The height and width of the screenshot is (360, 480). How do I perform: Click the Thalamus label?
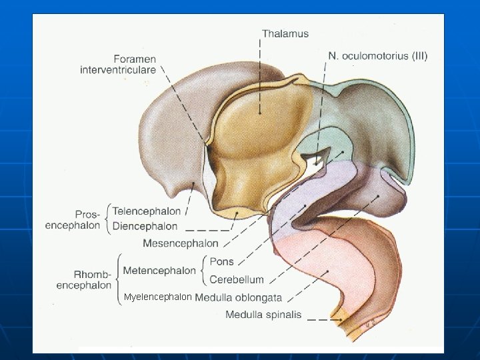click(285, 33)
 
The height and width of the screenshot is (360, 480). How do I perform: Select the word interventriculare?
click(118, 69)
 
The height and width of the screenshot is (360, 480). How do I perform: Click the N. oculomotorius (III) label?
click(378, 56)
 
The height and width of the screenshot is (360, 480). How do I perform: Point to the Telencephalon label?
click(147, 211)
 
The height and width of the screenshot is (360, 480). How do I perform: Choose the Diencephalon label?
click(145, 227)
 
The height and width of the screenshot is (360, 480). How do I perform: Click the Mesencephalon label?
click(181, 243)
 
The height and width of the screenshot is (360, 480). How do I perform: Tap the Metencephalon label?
click(159, 270)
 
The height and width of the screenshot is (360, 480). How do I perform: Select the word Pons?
click(221, 261)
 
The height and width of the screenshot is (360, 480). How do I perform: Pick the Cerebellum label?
click(237, 279)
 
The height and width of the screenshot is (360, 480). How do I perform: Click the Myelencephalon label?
click(158, 297)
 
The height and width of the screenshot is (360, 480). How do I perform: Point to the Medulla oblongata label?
click(239, 297)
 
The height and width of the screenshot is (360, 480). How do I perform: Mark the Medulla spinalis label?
click(263, 315)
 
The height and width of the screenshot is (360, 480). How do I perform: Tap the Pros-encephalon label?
click(73, 220)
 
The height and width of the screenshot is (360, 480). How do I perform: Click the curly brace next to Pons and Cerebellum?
click(204, 270)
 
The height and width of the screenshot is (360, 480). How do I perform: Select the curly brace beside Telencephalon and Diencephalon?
click(108, 219)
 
